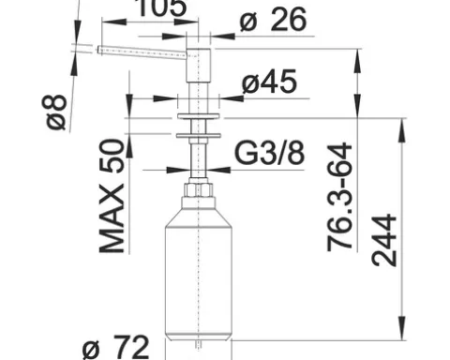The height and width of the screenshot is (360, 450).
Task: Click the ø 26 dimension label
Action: pyautogui.click(x=273, y=20)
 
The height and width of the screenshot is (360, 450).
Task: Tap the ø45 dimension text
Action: pyautogui.click(x=269, y=82)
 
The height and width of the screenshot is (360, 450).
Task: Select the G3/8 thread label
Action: pyautogui.click(x=269, y=153)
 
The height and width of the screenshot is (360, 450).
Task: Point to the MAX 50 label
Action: pyautogui.click(x=112, y=196)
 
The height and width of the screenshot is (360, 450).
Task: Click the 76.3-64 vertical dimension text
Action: pyautogui.click(x=339, y=197)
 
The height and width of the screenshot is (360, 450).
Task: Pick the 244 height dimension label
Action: pyautogui.click(x=384, y=240)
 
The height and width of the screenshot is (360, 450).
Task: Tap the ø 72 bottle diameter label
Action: pyautogui.click(x=115, y=347)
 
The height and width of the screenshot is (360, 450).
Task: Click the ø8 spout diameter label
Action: pyautogui.click(x=56, y=112)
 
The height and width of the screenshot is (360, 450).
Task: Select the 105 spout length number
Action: pyautogui.click(x=162, y=7)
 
